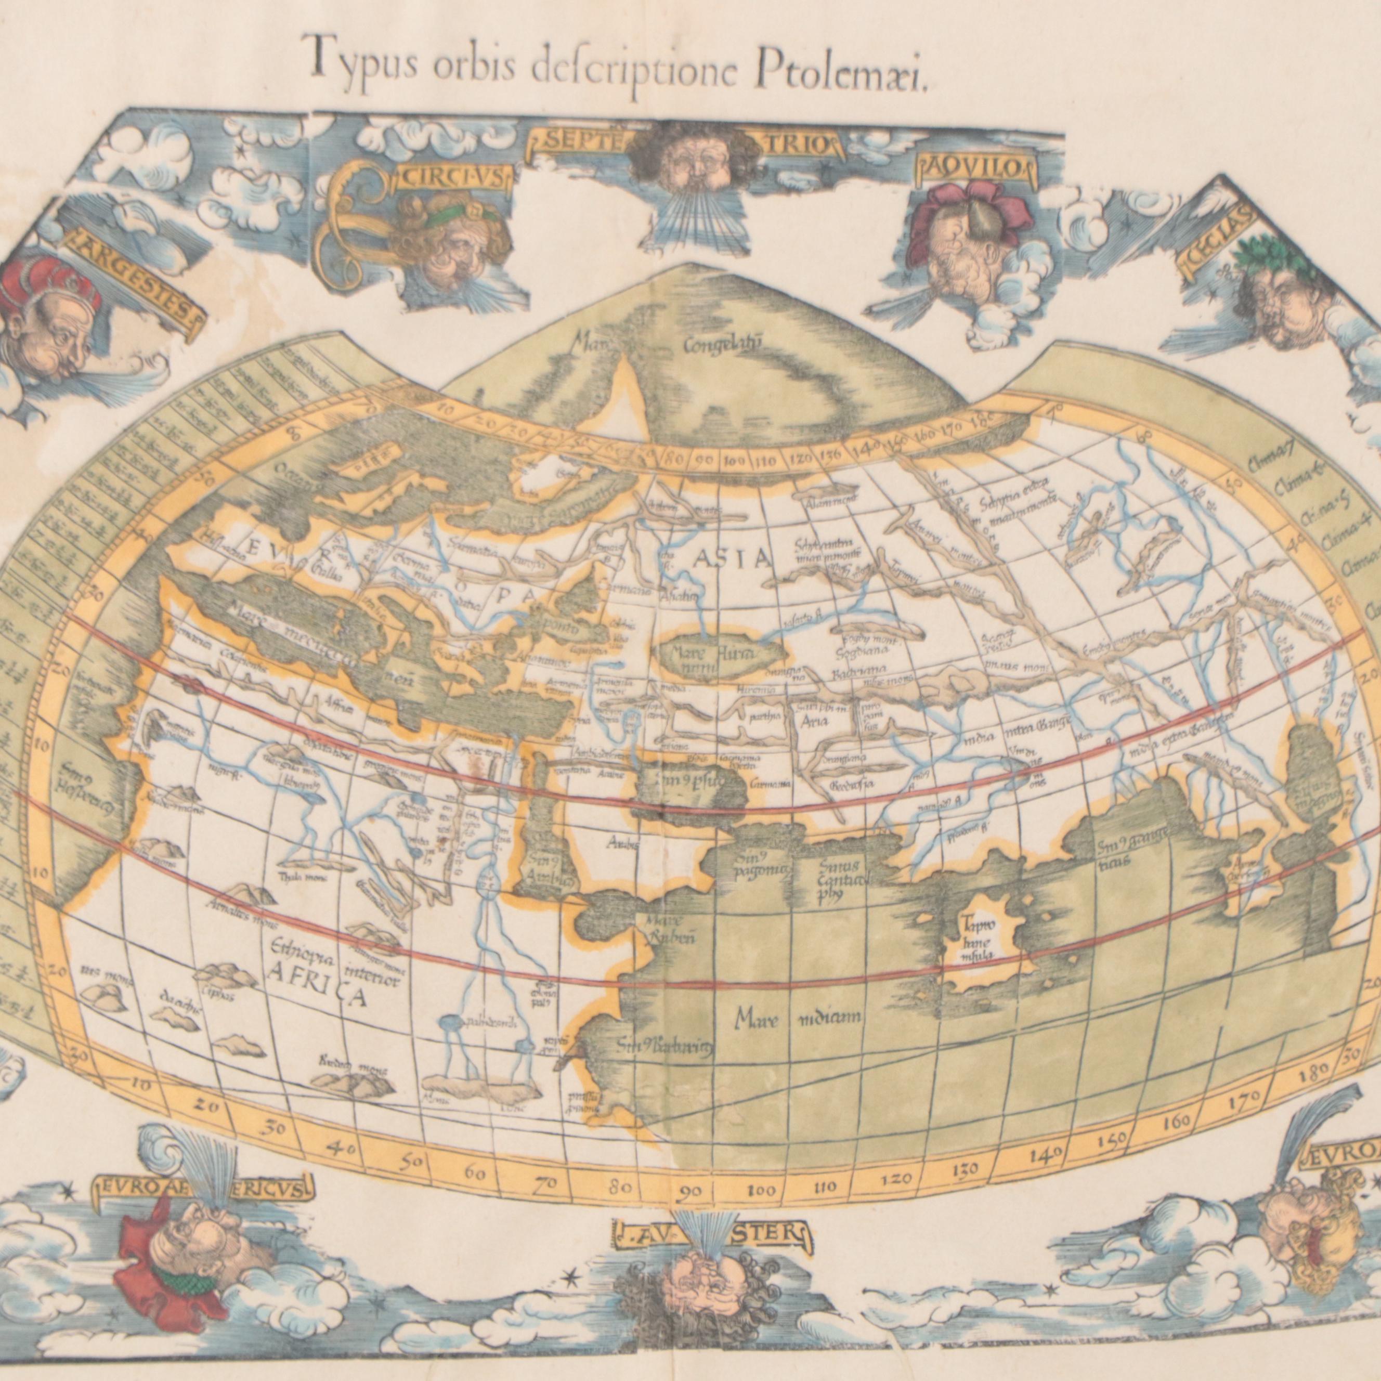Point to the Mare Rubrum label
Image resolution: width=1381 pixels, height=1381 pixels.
coord(668,929)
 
